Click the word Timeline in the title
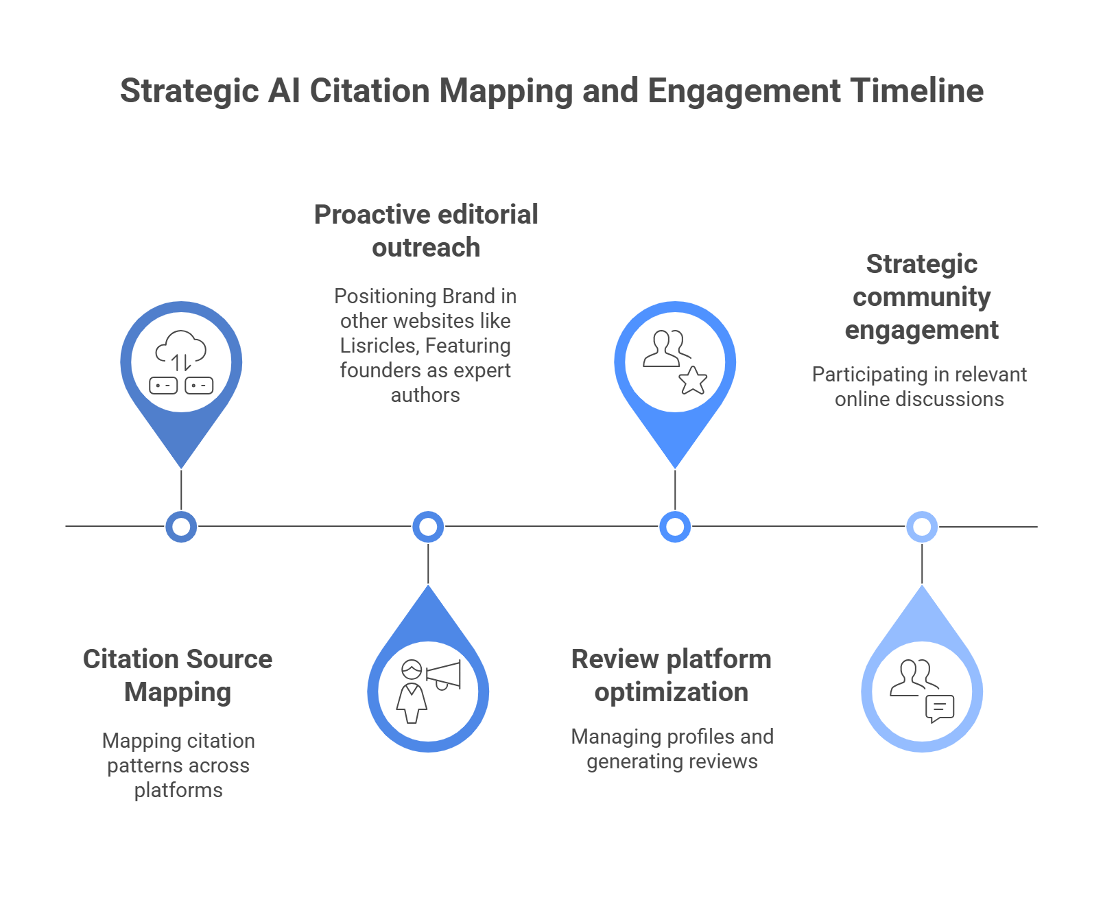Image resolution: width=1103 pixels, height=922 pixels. pos(916,91)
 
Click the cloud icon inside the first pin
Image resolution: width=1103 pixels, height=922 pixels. pos(181,349)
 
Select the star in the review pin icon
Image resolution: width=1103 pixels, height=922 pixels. pos(693,380)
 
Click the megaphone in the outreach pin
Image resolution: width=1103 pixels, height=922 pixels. pos(444,675)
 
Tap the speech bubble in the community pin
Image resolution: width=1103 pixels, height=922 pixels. pos(940,709)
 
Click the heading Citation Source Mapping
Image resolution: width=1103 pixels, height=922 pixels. pos(178,675)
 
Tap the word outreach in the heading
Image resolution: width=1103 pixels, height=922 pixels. pos(426,248)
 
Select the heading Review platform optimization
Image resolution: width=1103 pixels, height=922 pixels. pos(671,675)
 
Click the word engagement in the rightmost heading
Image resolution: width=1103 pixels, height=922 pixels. pos(921,330)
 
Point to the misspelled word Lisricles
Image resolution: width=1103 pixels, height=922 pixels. pos(378,346)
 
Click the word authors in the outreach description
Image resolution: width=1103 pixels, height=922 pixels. pos(425,395)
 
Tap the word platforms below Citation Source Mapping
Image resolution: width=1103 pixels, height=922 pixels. pos(178,790)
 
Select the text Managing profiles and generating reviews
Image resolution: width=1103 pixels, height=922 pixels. pos(672,749)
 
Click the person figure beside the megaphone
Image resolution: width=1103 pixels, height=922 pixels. pos(412,693)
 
